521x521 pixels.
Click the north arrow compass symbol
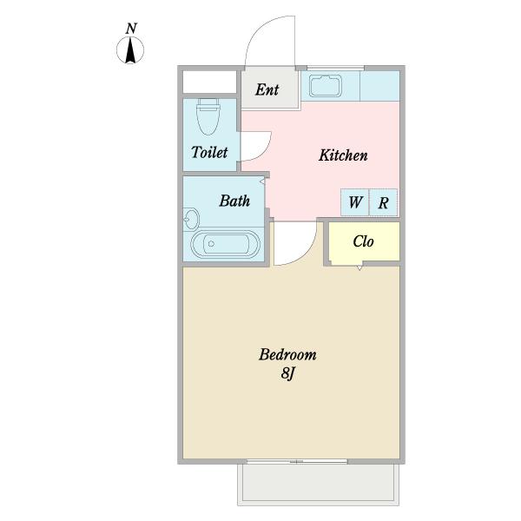(130, 50)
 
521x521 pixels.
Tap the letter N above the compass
(132, 29)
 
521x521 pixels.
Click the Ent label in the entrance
(267, 89)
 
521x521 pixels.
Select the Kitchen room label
(343, 155)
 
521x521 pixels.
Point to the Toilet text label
(209, 152)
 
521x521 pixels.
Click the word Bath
(234, 201)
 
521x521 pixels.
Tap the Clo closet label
(363, 241)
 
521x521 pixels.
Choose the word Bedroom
(287, 354)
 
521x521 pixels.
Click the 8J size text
(287, 373)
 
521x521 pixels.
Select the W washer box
(355, 202)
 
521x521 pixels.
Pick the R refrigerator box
(384, 202)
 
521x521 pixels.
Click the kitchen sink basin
(326, 86)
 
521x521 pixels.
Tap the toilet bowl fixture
(208, 116)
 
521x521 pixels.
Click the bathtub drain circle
(211, 244)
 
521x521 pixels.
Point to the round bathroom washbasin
(191, 219)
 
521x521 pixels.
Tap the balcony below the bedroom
(319, 485)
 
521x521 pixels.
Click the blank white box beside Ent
(209, 82)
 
